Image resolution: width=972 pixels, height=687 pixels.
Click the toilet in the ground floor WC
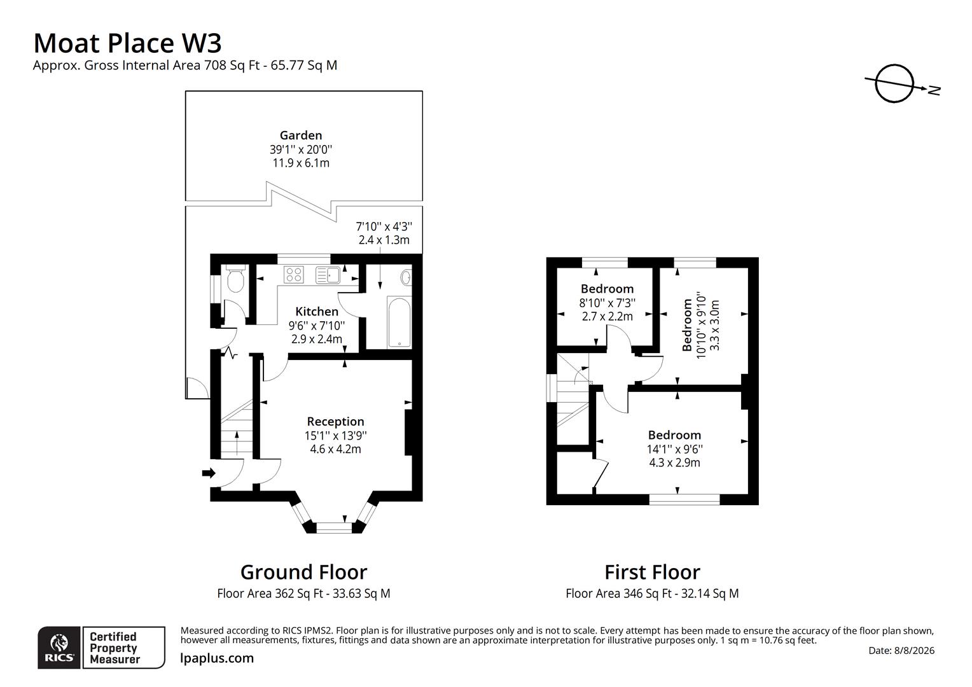(x=235, y=278)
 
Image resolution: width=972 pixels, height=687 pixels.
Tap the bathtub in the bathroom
(x=399, y=322)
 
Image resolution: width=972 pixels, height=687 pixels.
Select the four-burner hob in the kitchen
(x=294, y=275)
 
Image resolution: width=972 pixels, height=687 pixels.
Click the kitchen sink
(x=328, y=275)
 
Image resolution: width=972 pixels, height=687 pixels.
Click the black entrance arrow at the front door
(x=209, y=473)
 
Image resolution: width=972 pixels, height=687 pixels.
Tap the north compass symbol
(x=900, y=85)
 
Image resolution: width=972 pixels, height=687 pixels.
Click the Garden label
(x=301, y=135)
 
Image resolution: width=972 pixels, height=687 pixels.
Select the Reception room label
(x=335, y=421)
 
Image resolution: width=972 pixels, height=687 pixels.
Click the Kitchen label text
(x=317, y=312)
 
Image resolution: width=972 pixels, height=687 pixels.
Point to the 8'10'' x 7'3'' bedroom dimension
(x=607, y=303)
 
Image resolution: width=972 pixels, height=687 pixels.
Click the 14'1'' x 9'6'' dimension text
(x=675, y=448)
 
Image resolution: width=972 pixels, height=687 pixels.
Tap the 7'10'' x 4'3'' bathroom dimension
(x=384, y=226)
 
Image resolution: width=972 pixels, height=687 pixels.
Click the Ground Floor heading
(x=304, y=572)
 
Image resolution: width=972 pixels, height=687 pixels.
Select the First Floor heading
(x=652, y=572)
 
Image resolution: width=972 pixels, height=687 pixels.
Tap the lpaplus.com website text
(x=217, y=658)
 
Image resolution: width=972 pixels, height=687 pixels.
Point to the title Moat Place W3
(x=128, y=43)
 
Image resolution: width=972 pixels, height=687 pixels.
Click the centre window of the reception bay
(x=334, y=528)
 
